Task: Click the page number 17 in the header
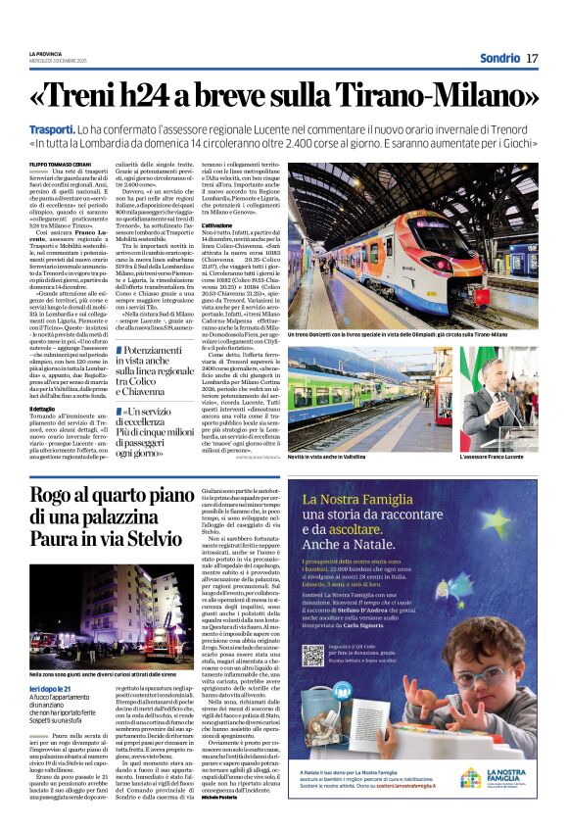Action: (532, 58)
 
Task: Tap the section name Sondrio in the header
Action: (498, 58)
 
